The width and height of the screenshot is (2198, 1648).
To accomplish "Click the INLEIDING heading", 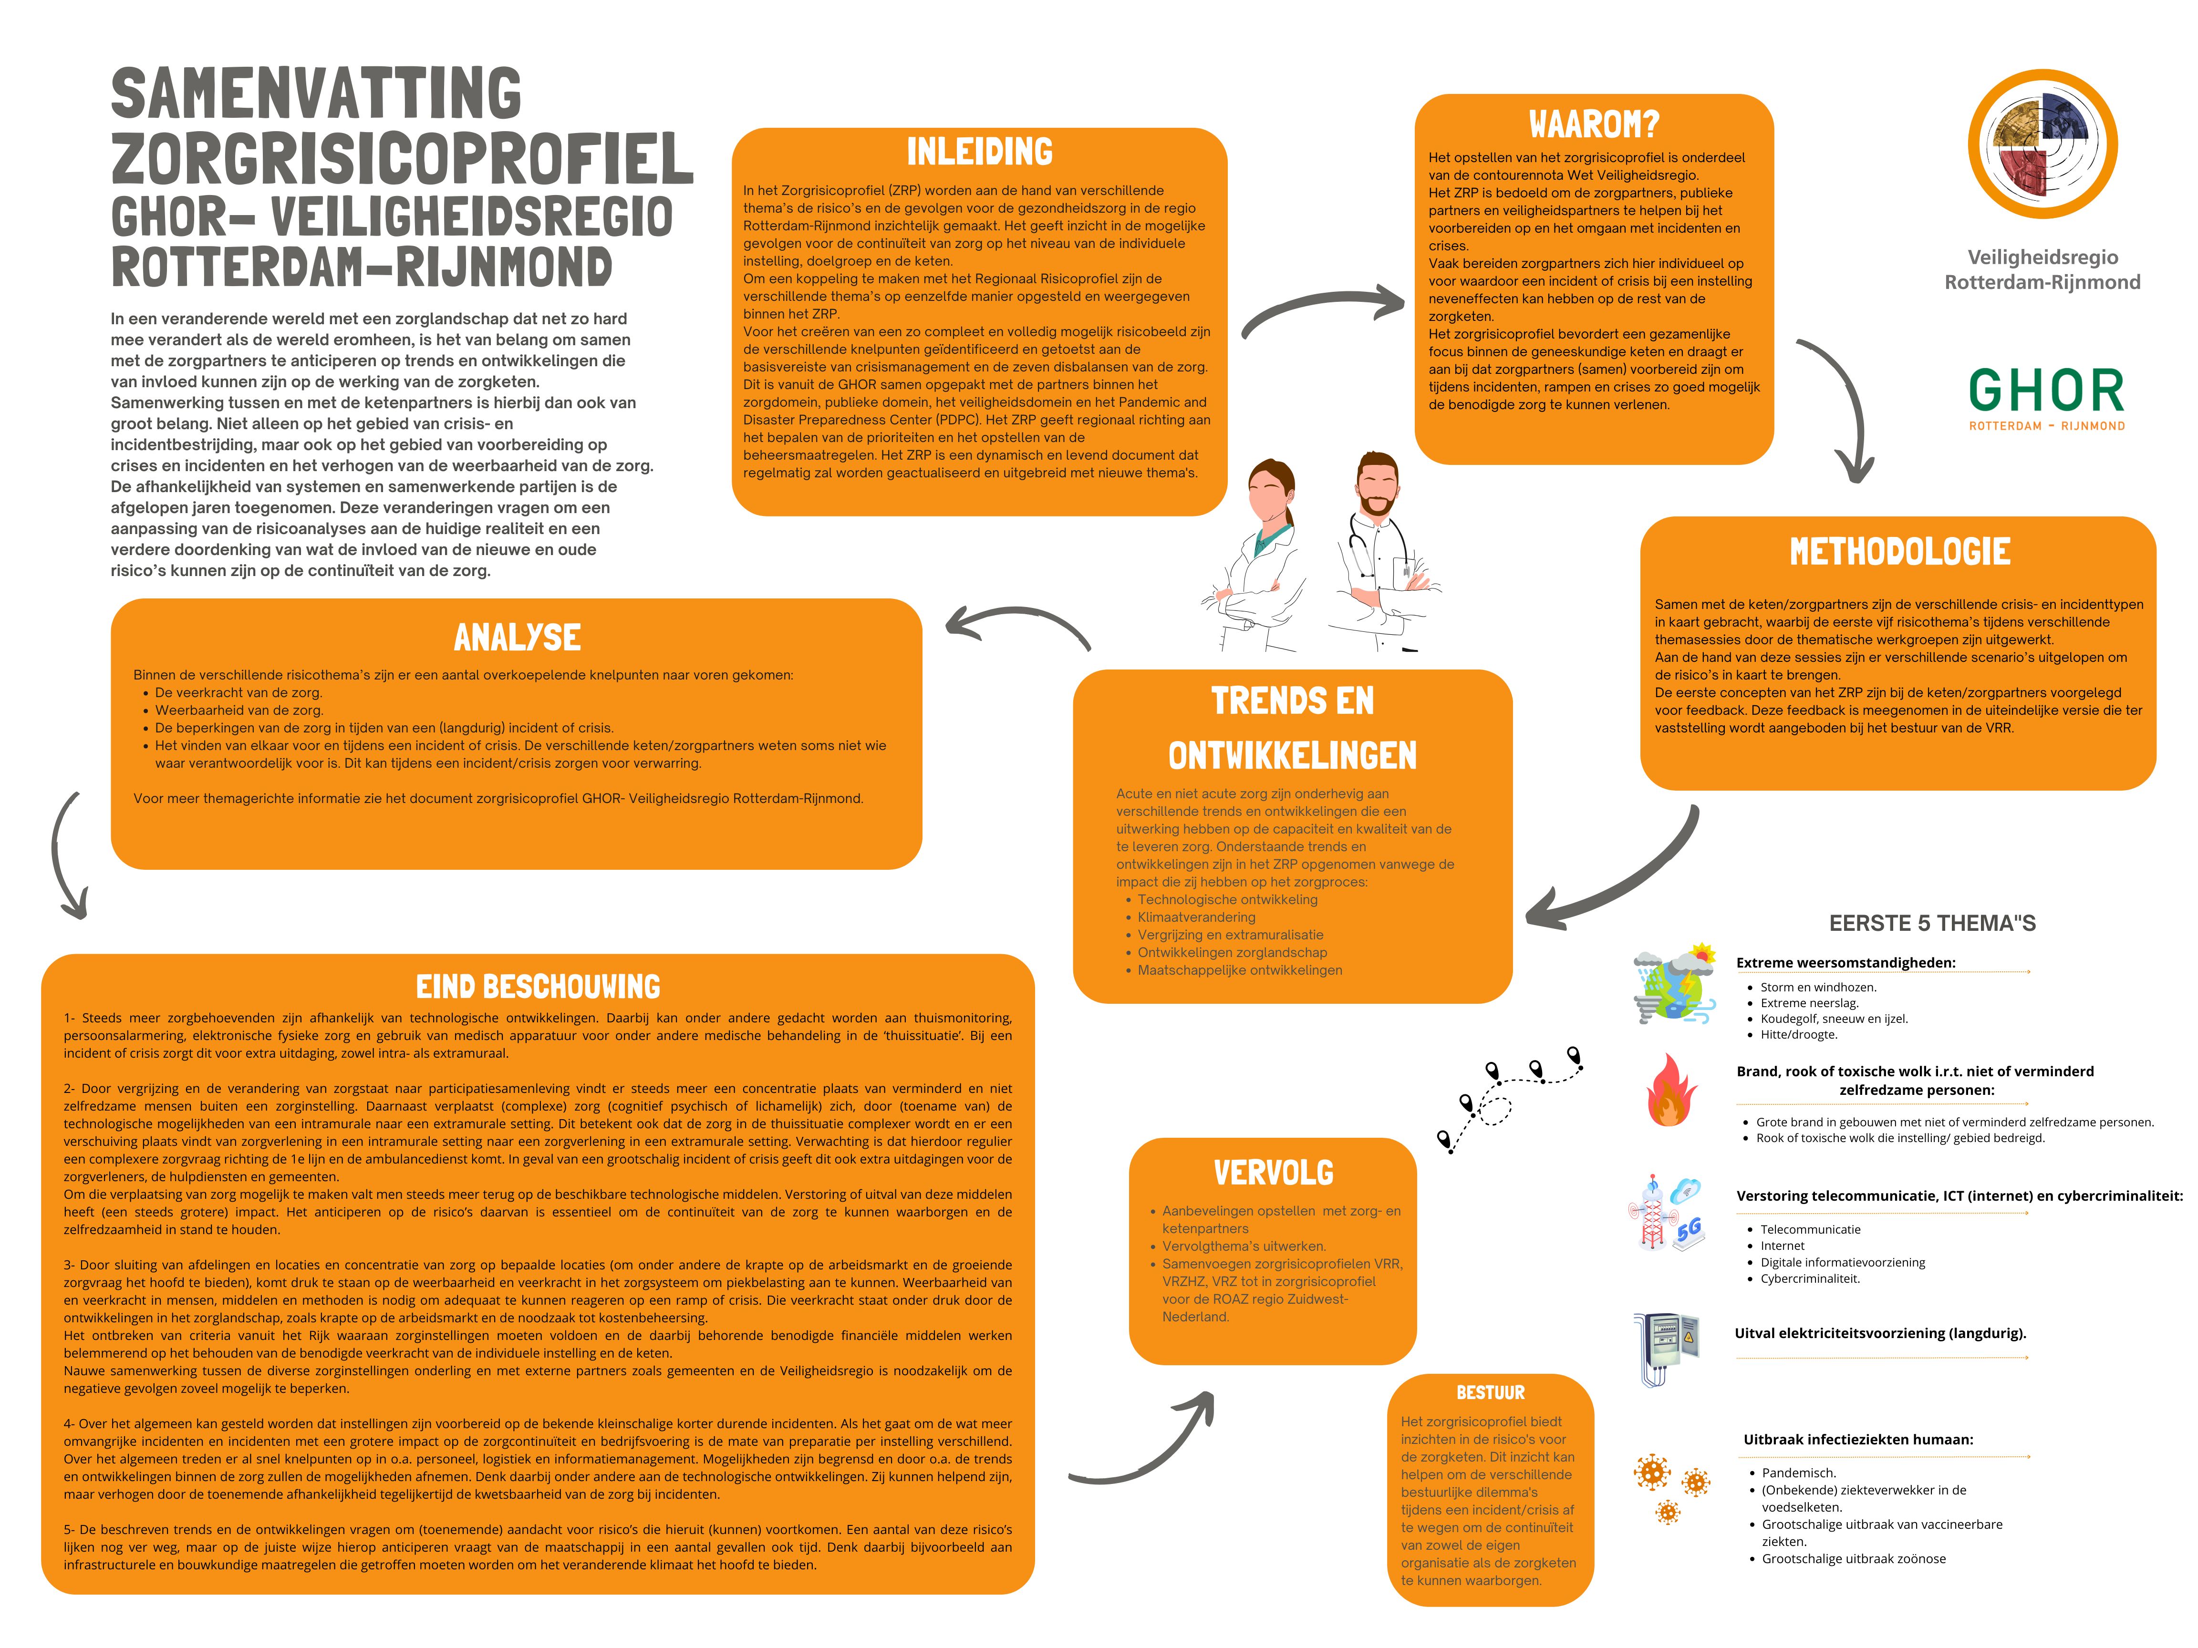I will [979, 152].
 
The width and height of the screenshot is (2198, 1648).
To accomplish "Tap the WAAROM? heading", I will [1594, 124].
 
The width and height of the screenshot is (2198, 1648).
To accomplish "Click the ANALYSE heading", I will [517, 637].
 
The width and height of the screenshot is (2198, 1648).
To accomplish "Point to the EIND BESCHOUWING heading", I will [538, 987].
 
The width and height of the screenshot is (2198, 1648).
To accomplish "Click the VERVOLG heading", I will [1273, 1173].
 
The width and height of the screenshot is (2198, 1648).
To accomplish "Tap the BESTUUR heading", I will [1490, 1393].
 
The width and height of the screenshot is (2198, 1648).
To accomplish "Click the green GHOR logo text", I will [2046, 391].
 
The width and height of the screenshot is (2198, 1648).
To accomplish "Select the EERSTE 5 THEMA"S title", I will [1932, 923].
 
